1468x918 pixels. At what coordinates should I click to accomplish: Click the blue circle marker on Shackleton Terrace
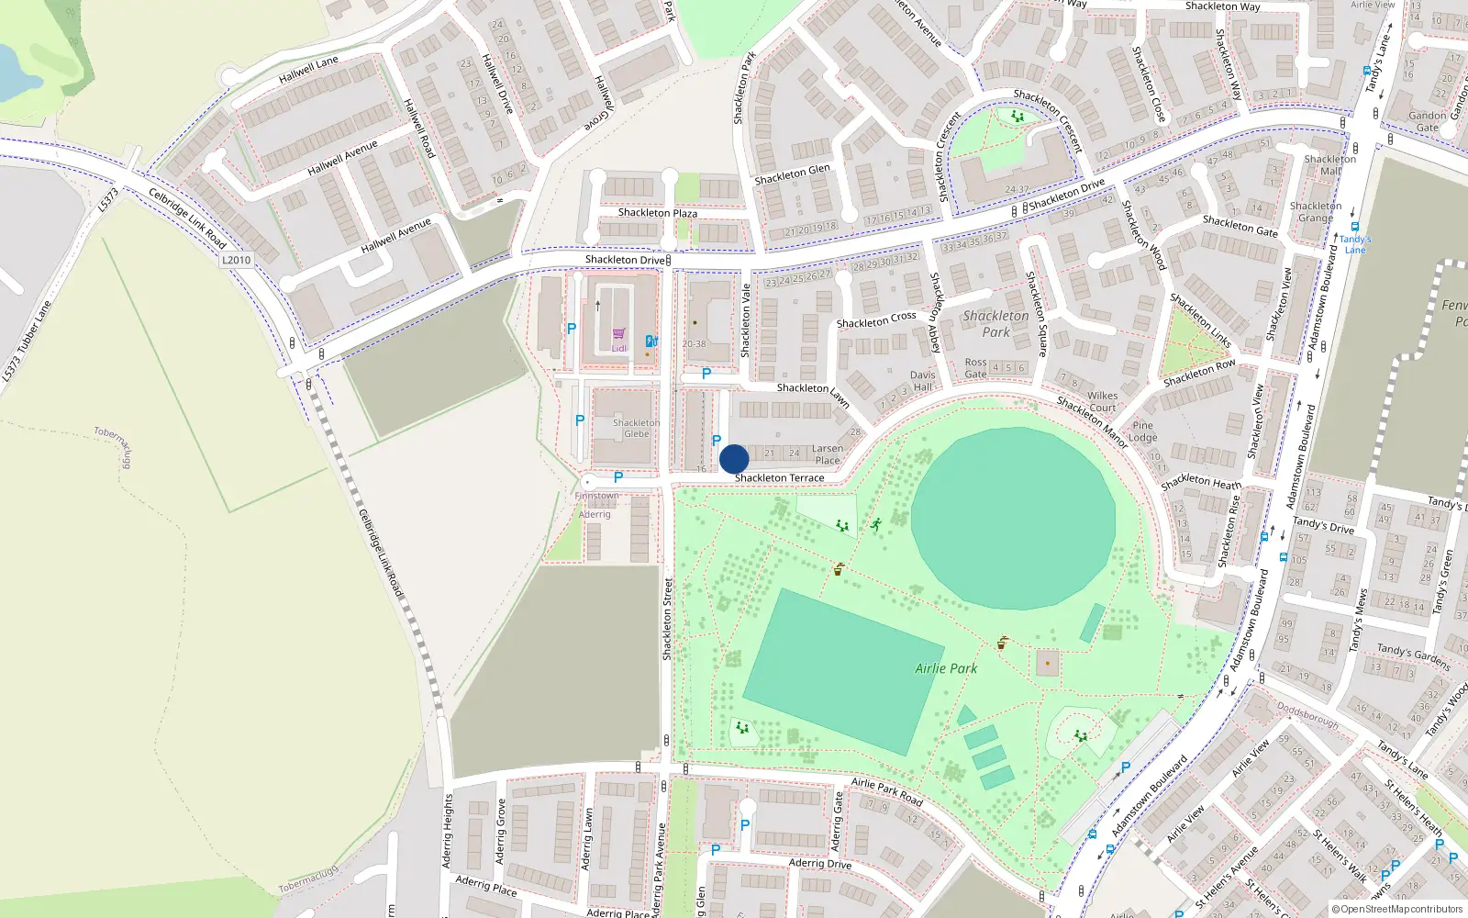point(734,459)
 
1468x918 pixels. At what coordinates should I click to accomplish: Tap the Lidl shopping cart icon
point(619,333)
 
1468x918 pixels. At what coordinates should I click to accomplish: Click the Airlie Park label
point(946,668)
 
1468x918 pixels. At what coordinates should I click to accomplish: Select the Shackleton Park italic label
point(995,324)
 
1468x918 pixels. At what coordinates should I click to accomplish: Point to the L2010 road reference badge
point(236,260)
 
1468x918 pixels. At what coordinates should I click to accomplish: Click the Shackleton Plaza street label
point(657,213)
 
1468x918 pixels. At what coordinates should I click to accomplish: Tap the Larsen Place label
point(828,454)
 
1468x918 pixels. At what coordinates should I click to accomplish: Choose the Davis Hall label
point(923,381)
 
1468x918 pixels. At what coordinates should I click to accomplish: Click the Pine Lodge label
point(1142,431)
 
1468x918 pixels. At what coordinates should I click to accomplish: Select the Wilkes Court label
point(1102,402)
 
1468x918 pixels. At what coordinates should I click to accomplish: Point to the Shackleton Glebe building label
point(636,429)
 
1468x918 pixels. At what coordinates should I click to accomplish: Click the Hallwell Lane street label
point(308,70)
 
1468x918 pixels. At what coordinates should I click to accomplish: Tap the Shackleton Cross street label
point(876,319)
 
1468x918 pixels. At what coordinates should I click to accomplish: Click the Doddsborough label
point(1307,716)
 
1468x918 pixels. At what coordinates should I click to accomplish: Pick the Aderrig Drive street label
point(820,864)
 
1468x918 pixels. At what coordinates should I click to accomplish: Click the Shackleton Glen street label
point(792,174)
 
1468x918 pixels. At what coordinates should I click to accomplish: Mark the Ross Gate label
point(975,368)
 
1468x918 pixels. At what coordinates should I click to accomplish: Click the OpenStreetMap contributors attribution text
point(1397,910)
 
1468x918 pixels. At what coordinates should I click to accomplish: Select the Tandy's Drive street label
point(1323,525)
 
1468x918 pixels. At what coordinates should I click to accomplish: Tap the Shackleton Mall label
point(1329,165)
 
